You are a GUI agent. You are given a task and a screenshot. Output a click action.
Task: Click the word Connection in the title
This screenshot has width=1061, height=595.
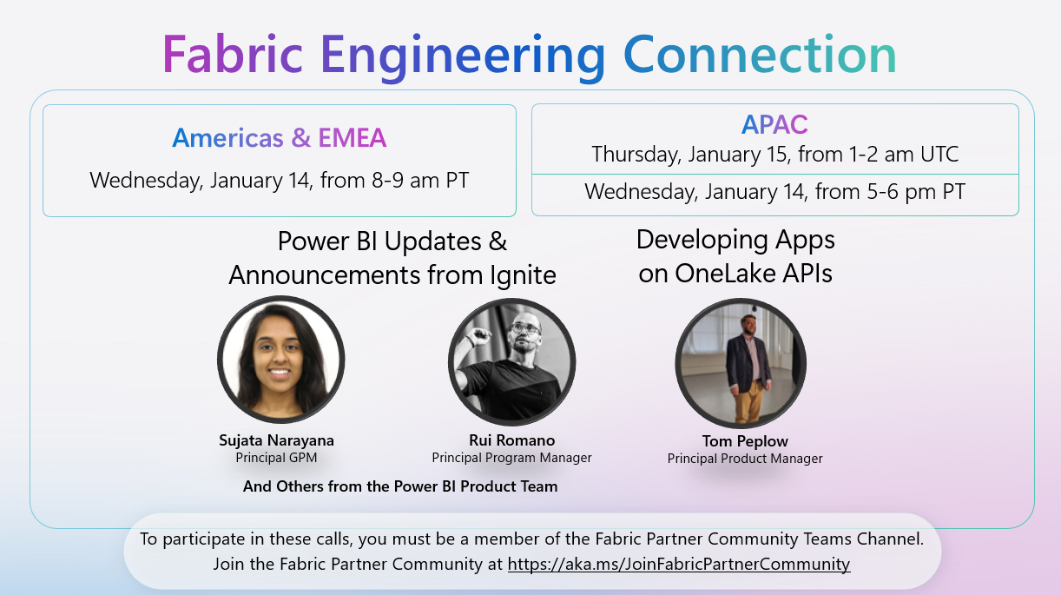760,54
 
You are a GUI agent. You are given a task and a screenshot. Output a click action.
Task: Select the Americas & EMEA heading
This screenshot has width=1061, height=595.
279,137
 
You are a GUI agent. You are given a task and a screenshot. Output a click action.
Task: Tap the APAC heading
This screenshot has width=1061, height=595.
774,125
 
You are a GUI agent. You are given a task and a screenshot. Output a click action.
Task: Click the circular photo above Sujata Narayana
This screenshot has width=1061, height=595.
280,360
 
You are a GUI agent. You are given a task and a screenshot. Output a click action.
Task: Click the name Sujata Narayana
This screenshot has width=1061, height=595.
276,440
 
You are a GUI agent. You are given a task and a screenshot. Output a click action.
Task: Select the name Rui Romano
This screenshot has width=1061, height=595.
511,440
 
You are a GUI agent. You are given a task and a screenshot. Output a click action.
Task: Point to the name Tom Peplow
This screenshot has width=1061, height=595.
745,441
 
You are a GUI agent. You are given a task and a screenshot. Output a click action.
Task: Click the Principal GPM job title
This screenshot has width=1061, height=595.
276,457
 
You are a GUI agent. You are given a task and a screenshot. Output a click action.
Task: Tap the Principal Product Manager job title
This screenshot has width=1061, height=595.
745,459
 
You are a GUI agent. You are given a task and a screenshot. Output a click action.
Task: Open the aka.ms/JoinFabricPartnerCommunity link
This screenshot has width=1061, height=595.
678,564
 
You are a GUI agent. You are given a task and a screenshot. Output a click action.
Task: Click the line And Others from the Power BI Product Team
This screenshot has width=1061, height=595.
400,486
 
